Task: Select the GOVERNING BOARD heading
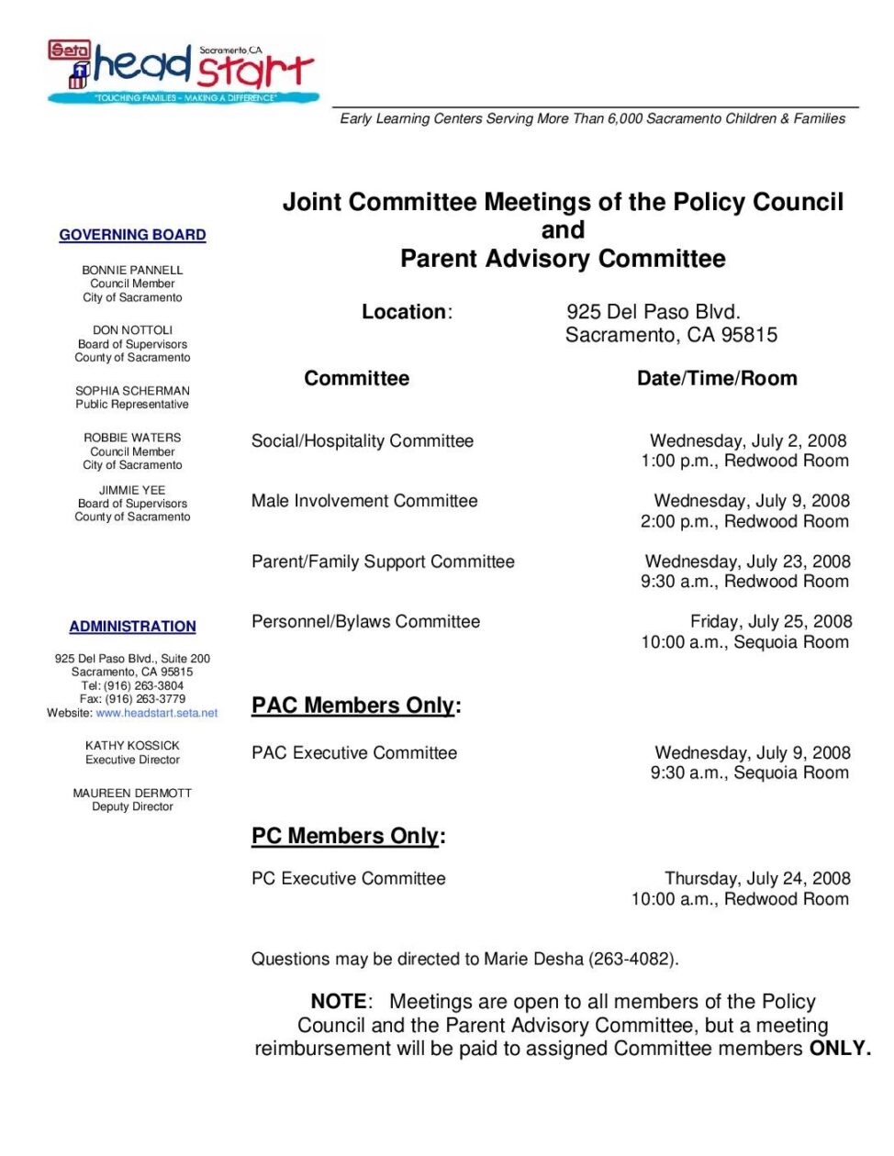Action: click(x=132, y=235)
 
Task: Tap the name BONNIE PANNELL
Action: click(x=132, y=270)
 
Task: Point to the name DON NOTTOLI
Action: click(x=132, y=330)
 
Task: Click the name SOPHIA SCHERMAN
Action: click(x=132, y=391)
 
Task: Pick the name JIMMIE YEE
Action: click(x=132, y=490)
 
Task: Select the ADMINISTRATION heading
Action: click(x=132, y=627)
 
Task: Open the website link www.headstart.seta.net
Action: click(x=157, y=713)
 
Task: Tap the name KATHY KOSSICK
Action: click(x=132, y=746)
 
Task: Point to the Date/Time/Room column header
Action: click(x=717, y=379)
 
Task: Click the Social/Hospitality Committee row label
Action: click(x=363, y=441)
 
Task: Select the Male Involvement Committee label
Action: click(x=364, y=501)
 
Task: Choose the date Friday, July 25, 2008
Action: click(x=771, y=622)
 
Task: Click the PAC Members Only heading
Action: click(x=353, y=706)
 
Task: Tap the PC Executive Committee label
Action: click(x=349, y=879)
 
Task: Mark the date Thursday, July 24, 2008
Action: click(x=757, y=879)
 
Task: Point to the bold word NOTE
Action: click(x=339, y=1002)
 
